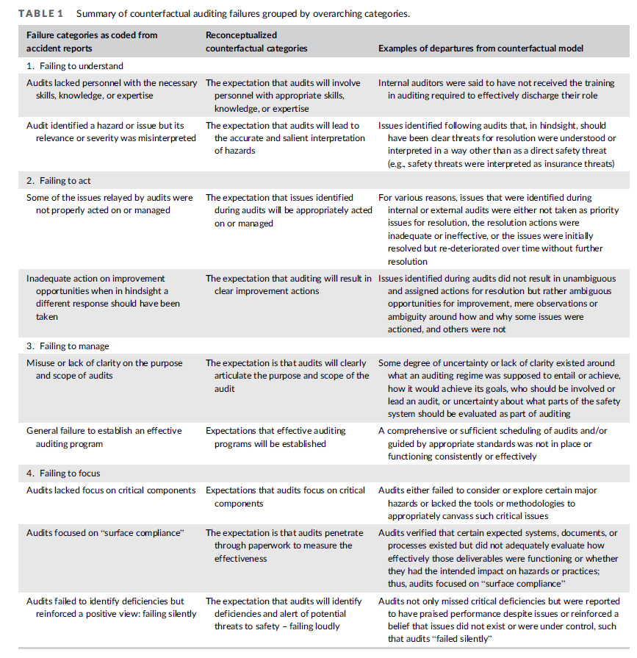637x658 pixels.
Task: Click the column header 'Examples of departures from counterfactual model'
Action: tap(481, 49)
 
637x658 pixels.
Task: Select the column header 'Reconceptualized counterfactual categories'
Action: tap(256, 42)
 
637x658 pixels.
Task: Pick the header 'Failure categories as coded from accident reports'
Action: tap(92, 42)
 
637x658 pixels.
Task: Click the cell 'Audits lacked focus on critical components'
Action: tap(111, 490)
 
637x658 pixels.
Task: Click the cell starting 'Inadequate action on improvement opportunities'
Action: tap(102, 298)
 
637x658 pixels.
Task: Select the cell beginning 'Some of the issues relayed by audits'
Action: tap(109, 204)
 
